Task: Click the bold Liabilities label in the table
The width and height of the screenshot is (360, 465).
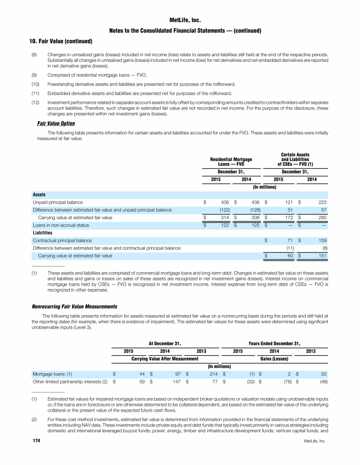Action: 42,233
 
